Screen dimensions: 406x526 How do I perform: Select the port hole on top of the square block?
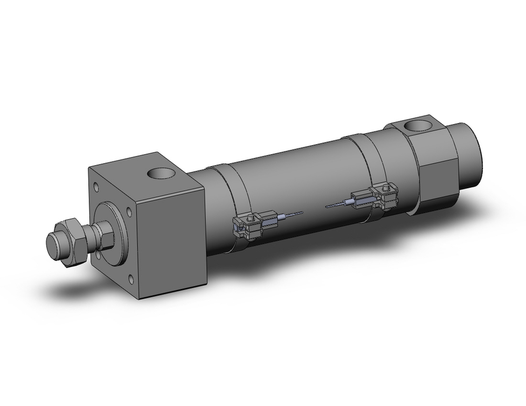161,174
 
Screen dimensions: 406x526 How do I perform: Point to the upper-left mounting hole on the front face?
96,186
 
